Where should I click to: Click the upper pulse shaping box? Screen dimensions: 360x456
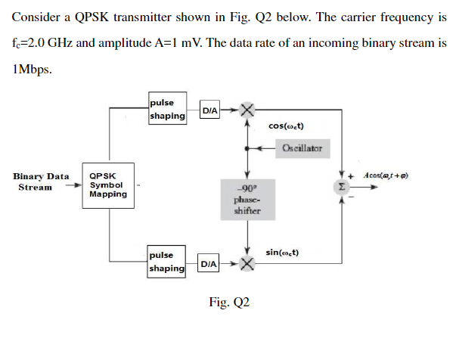coord(168,110)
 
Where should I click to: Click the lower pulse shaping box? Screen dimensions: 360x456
coord(168,262)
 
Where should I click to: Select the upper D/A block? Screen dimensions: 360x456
coord(210,110)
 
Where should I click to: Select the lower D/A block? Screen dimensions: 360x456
coord(209,264)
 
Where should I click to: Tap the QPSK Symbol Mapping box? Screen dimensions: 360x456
coord(109,184)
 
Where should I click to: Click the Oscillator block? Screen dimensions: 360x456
coord(302,148)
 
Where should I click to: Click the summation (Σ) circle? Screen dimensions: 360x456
coord(343,185)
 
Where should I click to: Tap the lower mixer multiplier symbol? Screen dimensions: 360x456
coord(247,264)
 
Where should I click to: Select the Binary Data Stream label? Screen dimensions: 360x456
coord(41,182)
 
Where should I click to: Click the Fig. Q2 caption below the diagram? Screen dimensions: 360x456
coord(228,303)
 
